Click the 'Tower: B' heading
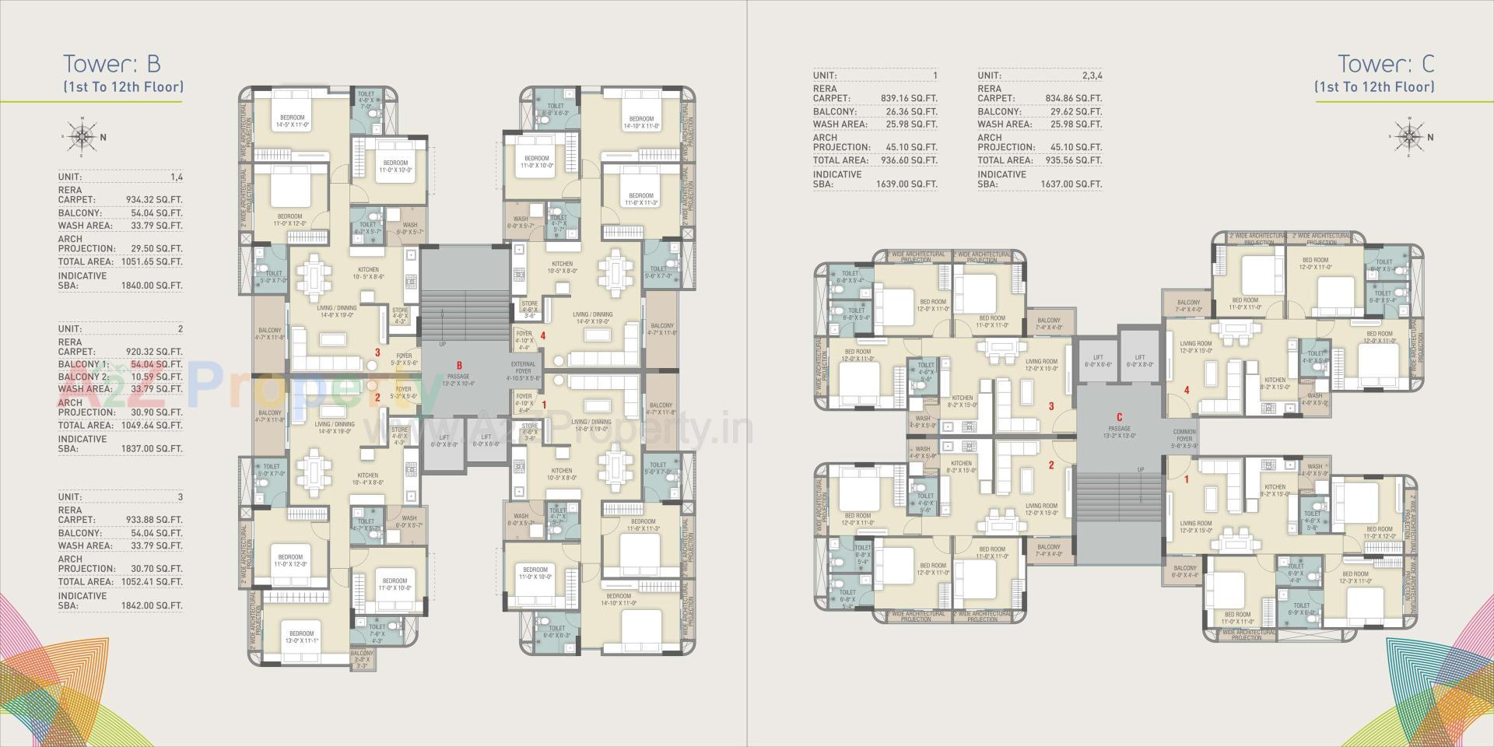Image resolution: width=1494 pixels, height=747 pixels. [111, 64]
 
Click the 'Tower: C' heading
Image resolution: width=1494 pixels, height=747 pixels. [1386, 64]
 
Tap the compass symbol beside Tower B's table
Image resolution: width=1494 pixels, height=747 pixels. [82, 137]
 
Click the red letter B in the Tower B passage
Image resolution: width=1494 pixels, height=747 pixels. [459, 365]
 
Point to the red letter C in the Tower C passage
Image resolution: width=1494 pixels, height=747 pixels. [1119, 418]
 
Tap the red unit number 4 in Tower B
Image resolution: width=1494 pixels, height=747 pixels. [543, 336]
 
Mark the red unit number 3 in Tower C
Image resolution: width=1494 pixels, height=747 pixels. [1050, 406]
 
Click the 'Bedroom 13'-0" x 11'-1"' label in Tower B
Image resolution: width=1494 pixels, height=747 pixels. [301, 637]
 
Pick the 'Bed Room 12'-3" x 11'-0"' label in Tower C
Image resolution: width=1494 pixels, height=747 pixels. [1355, 577]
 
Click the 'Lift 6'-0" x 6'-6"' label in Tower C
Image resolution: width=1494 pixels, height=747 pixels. [1097, 361]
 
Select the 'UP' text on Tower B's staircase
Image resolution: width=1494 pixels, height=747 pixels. [443, 343]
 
